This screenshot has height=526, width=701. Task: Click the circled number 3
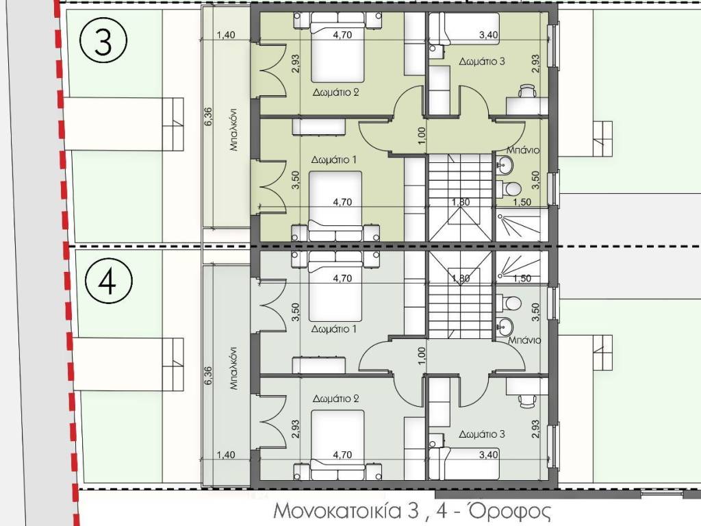pyautogui.click(x=103, y=41)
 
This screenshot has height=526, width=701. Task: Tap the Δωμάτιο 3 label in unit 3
pyautogui.click(x=482, y=61)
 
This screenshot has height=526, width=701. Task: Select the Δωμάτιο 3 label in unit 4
pyautogui.click(x=482, y=434)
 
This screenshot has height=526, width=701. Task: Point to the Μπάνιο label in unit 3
pyautogui.click(x=523, y=150)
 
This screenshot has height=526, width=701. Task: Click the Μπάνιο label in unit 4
pyautogui.click(x=524, y=340)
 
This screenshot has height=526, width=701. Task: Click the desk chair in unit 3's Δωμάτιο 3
pyautogui.click(x=527, y=91)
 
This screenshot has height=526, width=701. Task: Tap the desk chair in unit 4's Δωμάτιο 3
pyautogui.click(x=528, y=400)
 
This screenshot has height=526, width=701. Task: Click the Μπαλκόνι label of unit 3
pyautogui.click(x=233, y=129)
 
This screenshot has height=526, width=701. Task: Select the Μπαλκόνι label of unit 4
pyautogui.click(x=233, y=368)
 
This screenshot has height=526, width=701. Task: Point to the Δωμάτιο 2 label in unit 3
pyautogui.click(x=335, y=92)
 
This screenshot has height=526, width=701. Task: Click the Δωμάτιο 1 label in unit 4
pyautogui.click(x=334, y=329)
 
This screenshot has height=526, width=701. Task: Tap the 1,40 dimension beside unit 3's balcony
pyautogui.click(x=226, y=35)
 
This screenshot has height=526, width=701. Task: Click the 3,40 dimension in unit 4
pyautogui.click(x=488, y=455)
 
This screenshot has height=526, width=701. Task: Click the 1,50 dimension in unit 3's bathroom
pyautogui.click(x=522, y=202)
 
